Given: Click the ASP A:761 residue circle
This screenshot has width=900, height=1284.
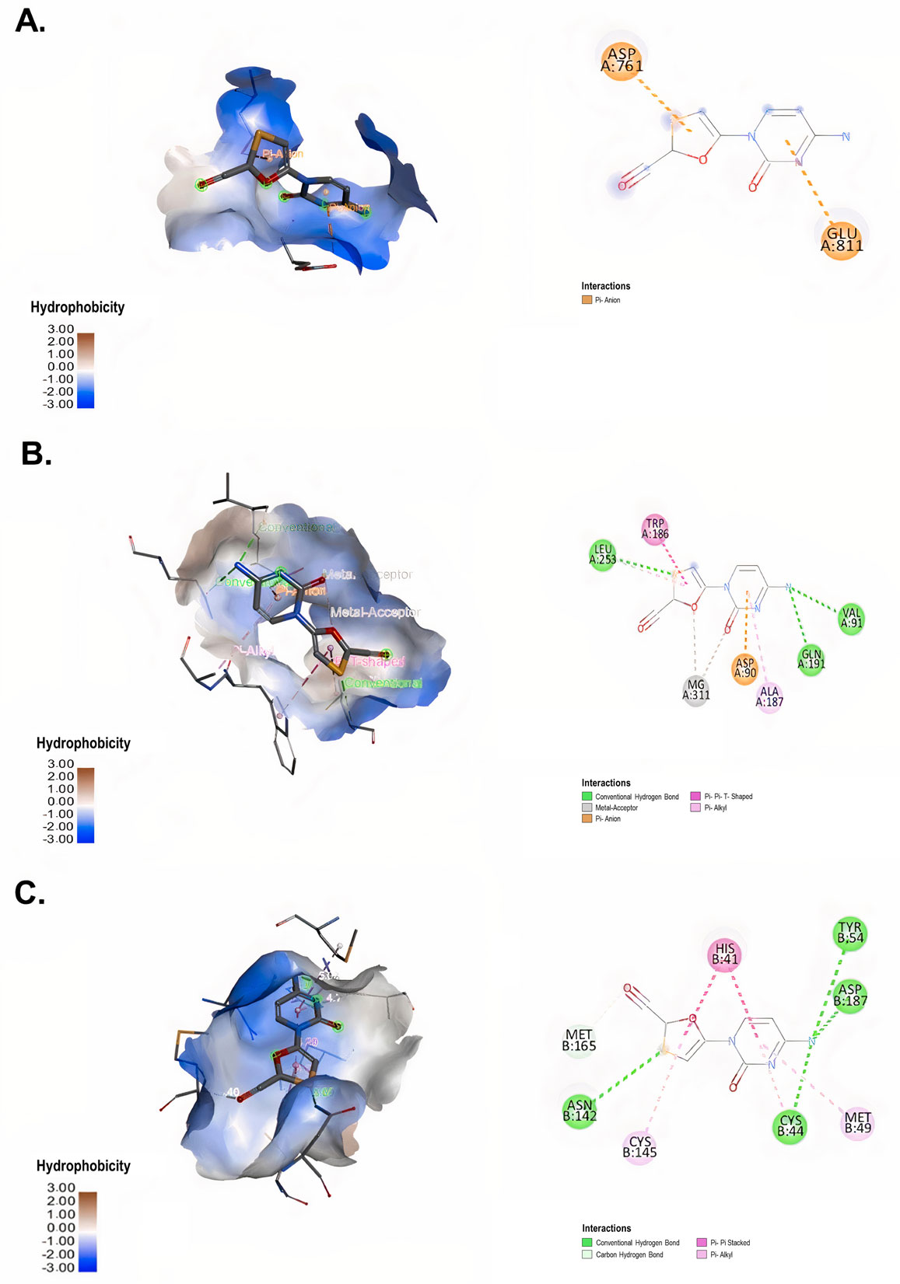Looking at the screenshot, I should [x=622, y=59].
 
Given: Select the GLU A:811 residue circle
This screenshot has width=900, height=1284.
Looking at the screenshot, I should [x=842, y=239].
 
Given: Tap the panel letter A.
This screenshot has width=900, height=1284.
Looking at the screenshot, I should [x=30, y=21].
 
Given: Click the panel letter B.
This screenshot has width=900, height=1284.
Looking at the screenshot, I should [x=36, y=453].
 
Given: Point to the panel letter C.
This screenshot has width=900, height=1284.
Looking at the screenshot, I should [x=30, y=893].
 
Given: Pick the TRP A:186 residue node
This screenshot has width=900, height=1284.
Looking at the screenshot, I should [x=655, y=529].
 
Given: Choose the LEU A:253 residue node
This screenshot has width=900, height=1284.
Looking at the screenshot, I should [x=603, y=554].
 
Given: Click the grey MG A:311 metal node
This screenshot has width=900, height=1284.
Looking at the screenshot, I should [x=696, y=689].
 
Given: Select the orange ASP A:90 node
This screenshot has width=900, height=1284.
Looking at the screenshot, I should [x=745, y=668].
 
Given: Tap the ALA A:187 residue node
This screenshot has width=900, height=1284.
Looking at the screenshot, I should [x=769, y=696].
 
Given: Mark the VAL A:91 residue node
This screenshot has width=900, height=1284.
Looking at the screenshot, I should [x=852, y=618].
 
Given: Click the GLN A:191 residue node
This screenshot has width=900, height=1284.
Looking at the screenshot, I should [x=811, y=659].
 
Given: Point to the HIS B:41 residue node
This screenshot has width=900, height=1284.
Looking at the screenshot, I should [x=725, y=954].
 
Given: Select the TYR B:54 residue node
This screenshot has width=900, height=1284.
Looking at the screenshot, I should [x=850, y=933].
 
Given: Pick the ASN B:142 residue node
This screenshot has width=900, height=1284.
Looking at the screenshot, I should [x=580, y=1110].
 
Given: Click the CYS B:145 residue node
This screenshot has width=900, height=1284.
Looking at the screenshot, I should [x=639, y=1146].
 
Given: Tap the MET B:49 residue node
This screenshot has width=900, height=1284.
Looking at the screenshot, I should [x=858, y=1122].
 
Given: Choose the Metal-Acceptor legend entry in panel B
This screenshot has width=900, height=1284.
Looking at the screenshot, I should [x=615, y=808].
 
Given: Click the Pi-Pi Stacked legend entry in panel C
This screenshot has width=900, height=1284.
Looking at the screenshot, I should [x=729, y=1243].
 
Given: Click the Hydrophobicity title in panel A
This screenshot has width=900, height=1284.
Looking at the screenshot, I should [x=77, y=307].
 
